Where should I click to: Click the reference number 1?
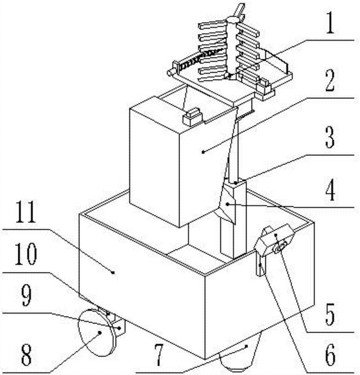(x=330, y=24)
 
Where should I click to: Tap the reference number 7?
(x=158, y=355)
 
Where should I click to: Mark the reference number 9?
(x=27, y=296)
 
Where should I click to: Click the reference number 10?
(x=26, y=254)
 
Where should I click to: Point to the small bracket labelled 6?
(x=261, y=265)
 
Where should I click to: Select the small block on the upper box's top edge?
(x=192, y=116)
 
